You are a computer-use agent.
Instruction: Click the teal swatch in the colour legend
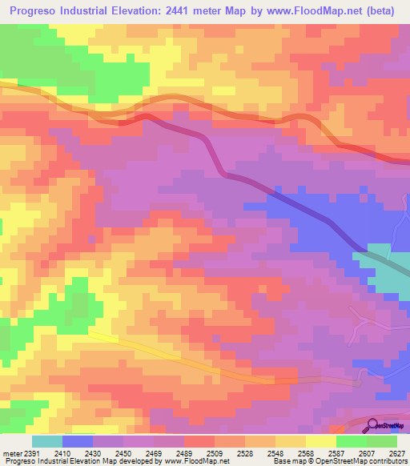(47, 442)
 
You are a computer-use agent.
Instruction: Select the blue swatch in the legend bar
(78, 442)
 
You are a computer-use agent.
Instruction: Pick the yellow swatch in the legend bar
(320, 442)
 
